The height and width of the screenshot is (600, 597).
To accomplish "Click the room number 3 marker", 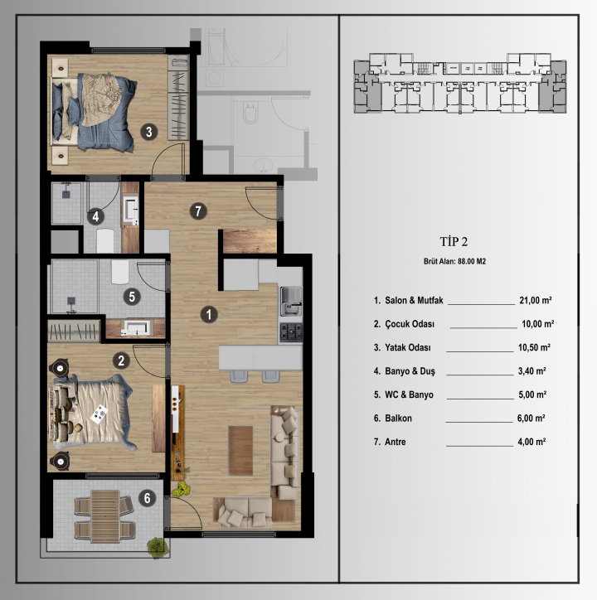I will coord(148,131).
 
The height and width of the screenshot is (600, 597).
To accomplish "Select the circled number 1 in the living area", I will coord(210,314).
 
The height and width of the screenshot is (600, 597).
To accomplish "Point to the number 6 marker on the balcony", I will coord(147,498).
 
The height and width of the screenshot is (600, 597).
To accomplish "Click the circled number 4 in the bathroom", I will coord(96,217).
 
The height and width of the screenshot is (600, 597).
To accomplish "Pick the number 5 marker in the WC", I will coord(131,295).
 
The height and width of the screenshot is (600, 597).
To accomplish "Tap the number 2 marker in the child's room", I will coord(121,360).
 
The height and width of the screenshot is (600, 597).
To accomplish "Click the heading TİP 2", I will coord(454,242).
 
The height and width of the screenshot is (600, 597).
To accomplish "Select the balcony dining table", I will coord(104,515).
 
